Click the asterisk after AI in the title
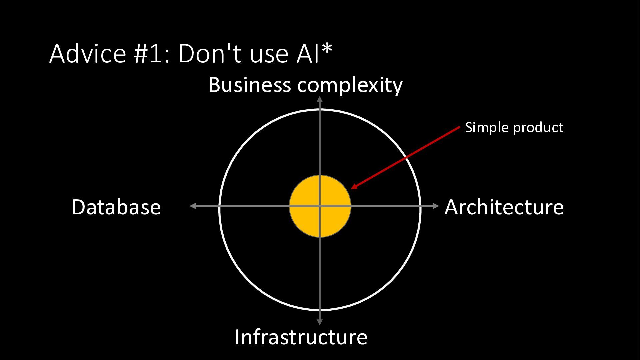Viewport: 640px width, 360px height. tap(327, 49)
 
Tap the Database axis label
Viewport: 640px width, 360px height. tap(116, 207)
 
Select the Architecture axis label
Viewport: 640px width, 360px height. tap(504, 207)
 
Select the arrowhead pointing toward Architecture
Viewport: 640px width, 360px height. tap(436, 206)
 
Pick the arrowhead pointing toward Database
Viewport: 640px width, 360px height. tap(193, 206)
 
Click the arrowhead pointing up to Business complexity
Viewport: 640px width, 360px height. tap(320, 99)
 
